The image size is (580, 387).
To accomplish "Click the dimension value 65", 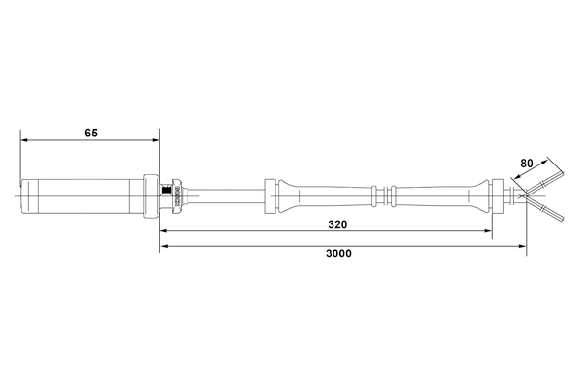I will (x=90, y=133).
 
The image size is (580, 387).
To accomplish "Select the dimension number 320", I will (x=337, y=223).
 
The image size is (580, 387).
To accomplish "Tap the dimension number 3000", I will (x=337, y=253).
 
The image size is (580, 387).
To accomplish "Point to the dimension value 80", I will (x=528, y=164).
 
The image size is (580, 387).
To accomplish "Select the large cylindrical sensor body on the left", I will (x=82, y=196).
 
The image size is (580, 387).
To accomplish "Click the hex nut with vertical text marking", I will (x=178, y=196).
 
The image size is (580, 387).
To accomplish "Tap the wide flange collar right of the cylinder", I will (x=151, y=196).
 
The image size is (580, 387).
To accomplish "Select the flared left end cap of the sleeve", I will (x=271, y=196).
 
